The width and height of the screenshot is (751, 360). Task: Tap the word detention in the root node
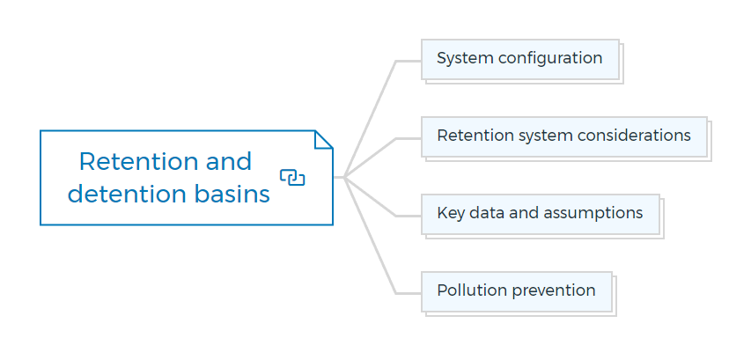[x=127, y=194]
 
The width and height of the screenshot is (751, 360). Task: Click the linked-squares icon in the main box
[x=292, y=177]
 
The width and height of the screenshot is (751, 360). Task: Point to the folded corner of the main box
[x=323, y=139]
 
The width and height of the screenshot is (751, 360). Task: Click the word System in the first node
[x=465, y=58]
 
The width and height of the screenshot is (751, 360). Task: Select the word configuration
[x=550, y=59]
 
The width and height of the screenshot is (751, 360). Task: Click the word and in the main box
[x=229, y=161]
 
